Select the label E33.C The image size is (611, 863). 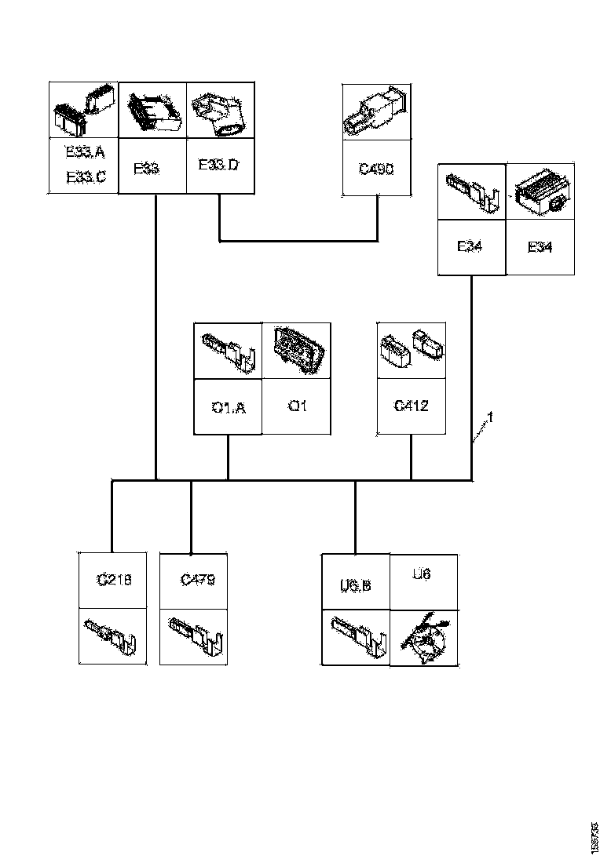tap(85, 177)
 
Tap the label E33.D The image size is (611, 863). tap(218, 166)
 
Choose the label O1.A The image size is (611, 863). tap(228, 406)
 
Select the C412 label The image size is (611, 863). tap(411, 406)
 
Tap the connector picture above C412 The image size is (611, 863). tap(412, 349)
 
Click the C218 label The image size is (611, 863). tap(114, 580)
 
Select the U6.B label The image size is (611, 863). tap(356, 585)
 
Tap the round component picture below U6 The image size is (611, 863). tap(424, 636)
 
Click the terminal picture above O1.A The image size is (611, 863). tap(228, 350)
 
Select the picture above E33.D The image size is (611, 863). tap(220, 111)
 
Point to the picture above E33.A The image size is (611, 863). tap(83, 111)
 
